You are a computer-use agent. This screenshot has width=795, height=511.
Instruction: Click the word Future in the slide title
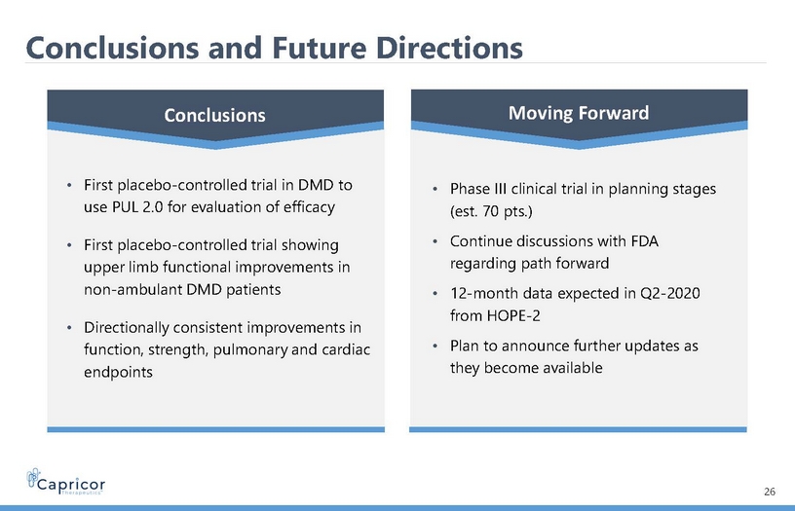[319, 48]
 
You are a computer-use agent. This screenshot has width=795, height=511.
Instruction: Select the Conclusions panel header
[215, 115]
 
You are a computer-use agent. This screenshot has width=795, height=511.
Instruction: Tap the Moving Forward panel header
[579, 113]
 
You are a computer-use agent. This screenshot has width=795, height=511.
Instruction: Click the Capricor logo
[65, 482]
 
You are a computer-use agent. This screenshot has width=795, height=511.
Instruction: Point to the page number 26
[769, 492]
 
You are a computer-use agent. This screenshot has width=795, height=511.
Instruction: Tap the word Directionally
[127, 328]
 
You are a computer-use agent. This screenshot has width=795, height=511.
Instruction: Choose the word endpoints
[118, 373]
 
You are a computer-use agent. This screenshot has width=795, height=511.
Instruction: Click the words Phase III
[477, 189]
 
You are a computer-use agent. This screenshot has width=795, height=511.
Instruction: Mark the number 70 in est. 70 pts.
[491, 211]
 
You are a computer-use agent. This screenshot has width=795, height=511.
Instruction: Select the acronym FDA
[644, 241]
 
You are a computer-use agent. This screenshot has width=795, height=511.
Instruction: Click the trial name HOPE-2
[513, 316]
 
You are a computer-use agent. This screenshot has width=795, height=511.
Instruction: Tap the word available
[573, 368]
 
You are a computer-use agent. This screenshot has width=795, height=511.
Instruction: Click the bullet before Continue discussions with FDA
[435, 241]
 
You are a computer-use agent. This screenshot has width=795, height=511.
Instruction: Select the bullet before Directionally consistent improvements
[69, 328]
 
